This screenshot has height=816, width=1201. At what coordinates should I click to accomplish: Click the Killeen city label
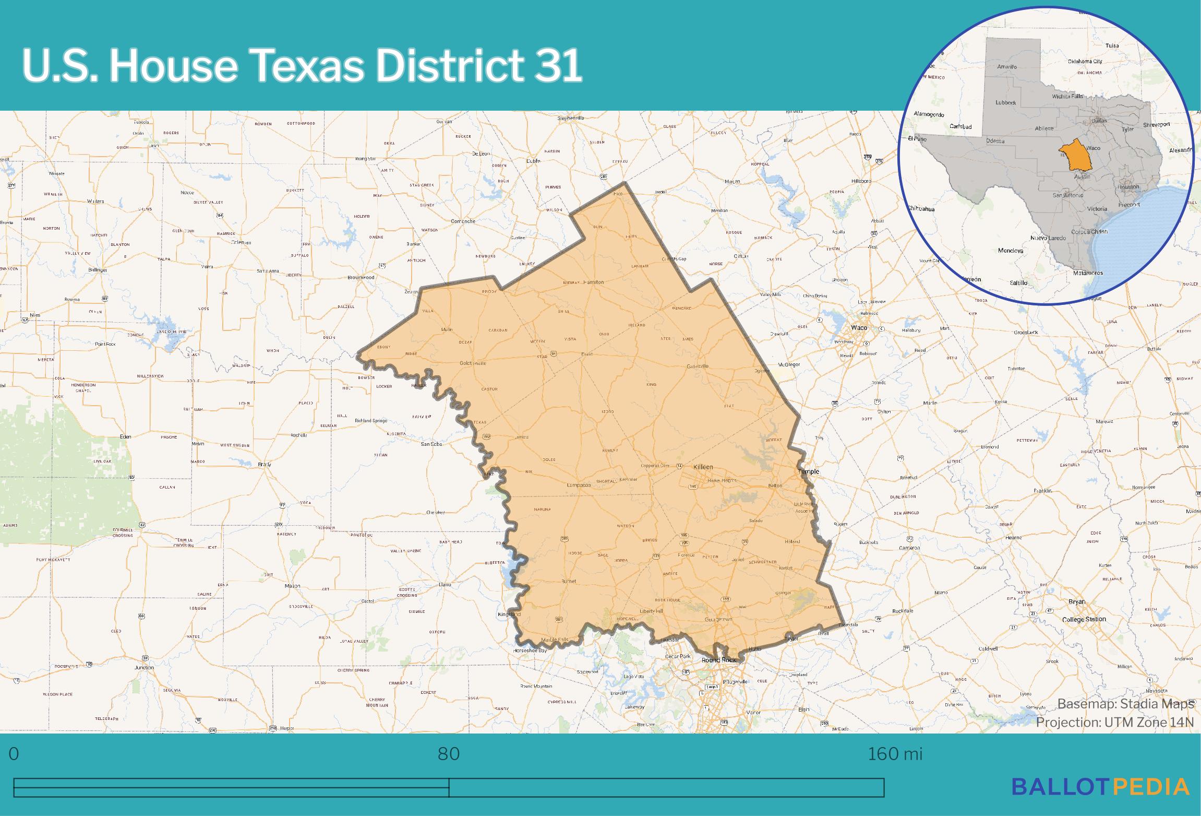click(x=703, y=467)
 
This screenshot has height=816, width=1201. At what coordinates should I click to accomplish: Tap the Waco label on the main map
click(x=859, y=328)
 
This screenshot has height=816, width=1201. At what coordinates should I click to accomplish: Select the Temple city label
click(x=808, y=471)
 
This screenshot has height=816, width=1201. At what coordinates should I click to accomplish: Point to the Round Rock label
click(x=718, y=660)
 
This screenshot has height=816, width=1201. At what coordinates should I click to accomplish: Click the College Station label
click(x=1084, y=619)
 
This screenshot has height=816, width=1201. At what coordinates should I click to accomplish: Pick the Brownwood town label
click(x=361, y=277)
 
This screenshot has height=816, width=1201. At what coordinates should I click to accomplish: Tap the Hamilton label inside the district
click(x=593, y=282)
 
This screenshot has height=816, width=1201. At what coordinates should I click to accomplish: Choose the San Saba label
click(x=431, y=444)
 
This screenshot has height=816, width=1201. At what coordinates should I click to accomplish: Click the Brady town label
click(x=265, y=464)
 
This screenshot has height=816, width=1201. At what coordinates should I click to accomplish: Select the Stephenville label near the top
click(x=570, y=118)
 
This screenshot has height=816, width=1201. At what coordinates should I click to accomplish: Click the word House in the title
click(x=173, y=66)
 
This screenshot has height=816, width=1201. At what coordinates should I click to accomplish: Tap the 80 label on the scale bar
click(x=448, y=754)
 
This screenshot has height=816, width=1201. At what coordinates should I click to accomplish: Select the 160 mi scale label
click(x=895, y=754)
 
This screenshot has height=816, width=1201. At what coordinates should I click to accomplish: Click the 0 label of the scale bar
click(x=14, y=754)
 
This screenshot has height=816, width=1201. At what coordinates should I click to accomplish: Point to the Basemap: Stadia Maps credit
click(x=1125, y=704)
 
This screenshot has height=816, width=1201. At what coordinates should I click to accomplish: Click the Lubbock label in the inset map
click(x=1005, y=103)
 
